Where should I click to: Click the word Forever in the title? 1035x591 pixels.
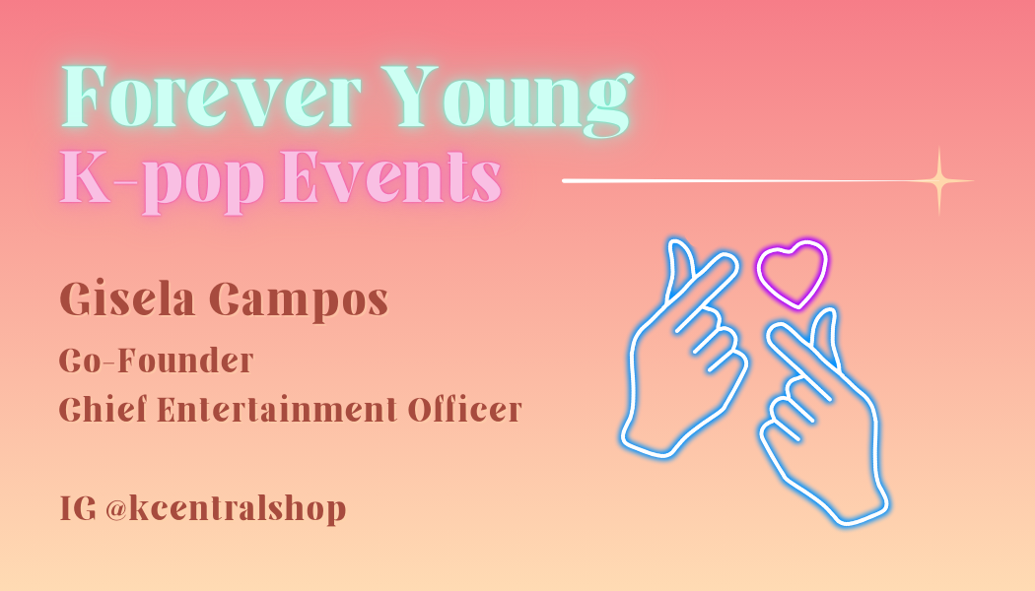coord(211,96)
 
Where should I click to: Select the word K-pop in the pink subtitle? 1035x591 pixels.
coord(162,180)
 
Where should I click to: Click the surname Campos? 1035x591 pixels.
coord(299,301)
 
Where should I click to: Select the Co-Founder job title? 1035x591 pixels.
coord(156,361)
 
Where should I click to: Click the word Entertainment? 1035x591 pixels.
coord(277,409)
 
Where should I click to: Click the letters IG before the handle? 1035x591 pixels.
coord(78,508)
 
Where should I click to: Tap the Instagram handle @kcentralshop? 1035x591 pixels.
coord(226,509)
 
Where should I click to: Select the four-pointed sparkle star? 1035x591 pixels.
coord(939,180)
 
